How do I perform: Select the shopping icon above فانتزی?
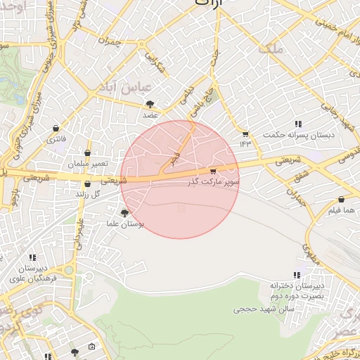tap(56, 128)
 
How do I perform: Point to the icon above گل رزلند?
tap(87, 184)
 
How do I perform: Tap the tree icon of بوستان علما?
tap(124, 213)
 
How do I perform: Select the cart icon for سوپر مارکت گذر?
tap(213, 171)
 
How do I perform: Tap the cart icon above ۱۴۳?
tap(245, 134)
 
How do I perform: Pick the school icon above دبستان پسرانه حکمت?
tap(298, 124)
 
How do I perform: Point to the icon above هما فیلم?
tap(341, 199)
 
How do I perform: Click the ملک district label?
tap(271, 49)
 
